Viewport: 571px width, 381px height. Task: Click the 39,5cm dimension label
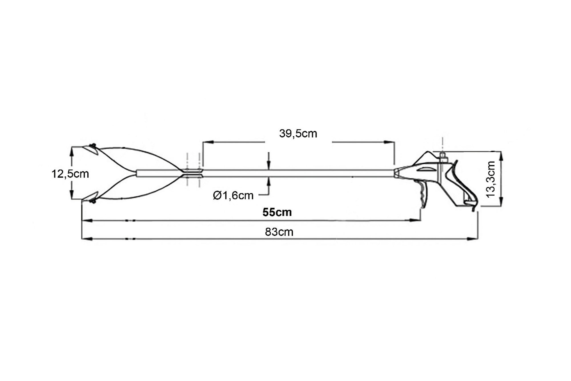pos(298,134)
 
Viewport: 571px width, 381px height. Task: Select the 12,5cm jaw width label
pos(70,174)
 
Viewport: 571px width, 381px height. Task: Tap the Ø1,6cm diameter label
pos(233,196)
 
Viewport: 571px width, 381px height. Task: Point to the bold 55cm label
pos(277,212)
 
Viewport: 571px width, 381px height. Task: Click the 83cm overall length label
pos(279,232)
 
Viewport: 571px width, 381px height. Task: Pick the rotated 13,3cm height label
pos(491,179)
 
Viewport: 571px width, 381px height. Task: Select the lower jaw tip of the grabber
pos(83,200)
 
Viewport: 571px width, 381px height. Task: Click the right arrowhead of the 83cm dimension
pos(473,238)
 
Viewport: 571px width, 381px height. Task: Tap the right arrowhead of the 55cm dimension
pos(415,220)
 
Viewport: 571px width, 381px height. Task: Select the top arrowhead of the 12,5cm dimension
pos(72,151)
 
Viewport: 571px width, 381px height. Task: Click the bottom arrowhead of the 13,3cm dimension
pos(502,201)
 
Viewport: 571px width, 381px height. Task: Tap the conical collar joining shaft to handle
pos(398,173)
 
